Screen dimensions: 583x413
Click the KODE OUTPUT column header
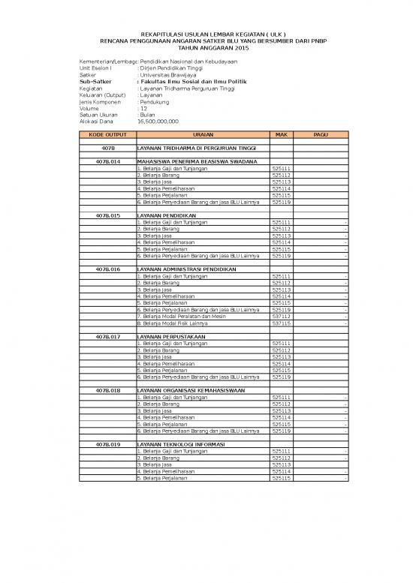[107, 134]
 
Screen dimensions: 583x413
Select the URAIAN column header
[203, 134]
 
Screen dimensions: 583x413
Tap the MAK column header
[282, 134]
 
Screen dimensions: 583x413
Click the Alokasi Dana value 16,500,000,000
[158, 121]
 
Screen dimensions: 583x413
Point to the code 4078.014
[107, 161]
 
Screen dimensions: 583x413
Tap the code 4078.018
[107, 390]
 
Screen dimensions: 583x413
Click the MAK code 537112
[282, 317]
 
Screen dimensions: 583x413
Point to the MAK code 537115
[282, 323]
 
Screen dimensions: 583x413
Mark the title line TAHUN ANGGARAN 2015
[206, 47]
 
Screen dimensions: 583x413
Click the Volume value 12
[143, 108]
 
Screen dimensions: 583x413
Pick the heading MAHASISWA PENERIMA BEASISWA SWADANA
[196, 161]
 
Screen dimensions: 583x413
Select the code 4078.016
[107, 269]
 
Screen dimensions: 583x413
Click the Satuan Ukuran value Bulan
[147, 114]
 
